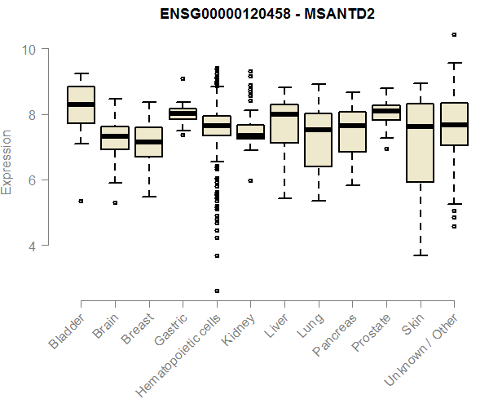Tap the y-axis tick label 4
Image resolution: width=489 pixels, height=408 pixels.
pos(33,245)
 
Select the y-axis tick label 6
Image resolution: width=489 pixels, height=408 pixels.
pos(33,180)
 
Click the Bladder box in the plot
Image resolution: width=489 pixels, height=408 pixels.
pos(81,104)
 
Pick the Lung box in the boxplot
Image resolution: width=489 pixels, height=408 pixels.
pos(318,140)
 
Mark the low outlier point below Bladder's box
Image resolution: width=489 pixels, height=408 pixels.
pos(81,201)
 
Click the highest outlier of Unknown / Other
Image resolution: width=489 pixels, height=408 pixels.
pos(454,34)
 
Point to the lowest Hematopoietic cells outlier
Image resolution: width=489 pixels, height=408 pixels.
pos(217,290)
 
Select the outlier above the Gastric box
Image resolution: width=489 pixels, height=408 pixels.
pos(183,78)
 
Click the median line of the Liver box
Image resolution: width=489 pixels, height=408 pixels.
pos(284,114)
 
